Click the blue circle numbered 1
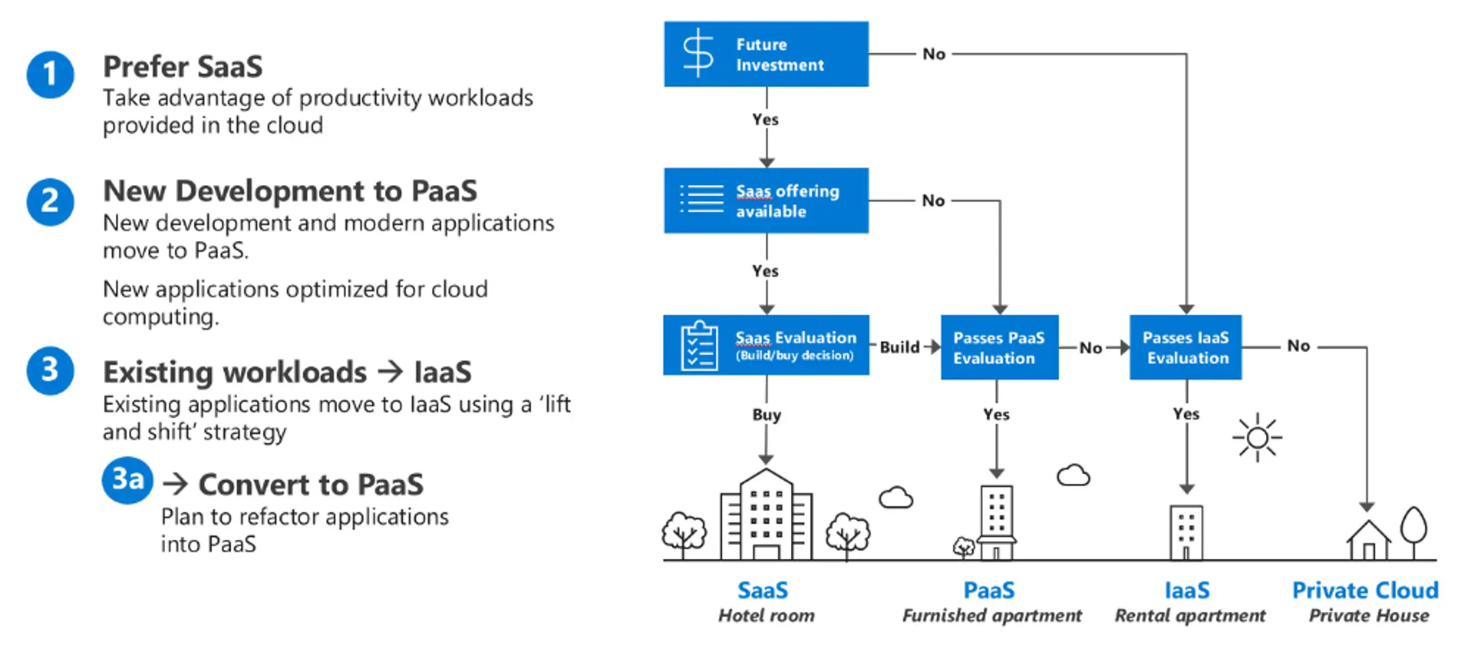click(x=50, y=75)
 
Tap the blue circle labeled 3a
click(x=127, y=480)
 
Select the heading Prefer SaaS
click(x=183, y=67)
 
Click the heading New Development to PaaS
click(x=290, y=191)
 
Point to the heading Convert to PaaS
click(x=311, y=485)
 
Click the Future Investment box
click(x=766, y=54)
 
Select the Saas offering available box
click(x=766, y=200)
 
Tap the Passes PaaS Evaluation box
click(x=1000, y=347)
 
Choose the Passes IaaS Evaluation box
click(x=1186, y=347)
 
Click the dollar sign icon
click(x=698, y=53)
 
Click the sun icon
click(x=1257, y=438)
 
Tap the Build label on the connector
click(x=900, y=347)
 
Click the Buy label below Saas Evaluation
click(x=766, y=415)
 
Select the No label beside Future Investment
click(x=934, y=54)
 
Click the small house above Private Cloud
click(x=1368, y=540)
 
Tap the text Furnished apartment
click(x=992, y=616)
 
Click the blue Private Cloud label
click(x=1365, y=590)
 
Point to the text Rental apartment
click(x=1190, y=616)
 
